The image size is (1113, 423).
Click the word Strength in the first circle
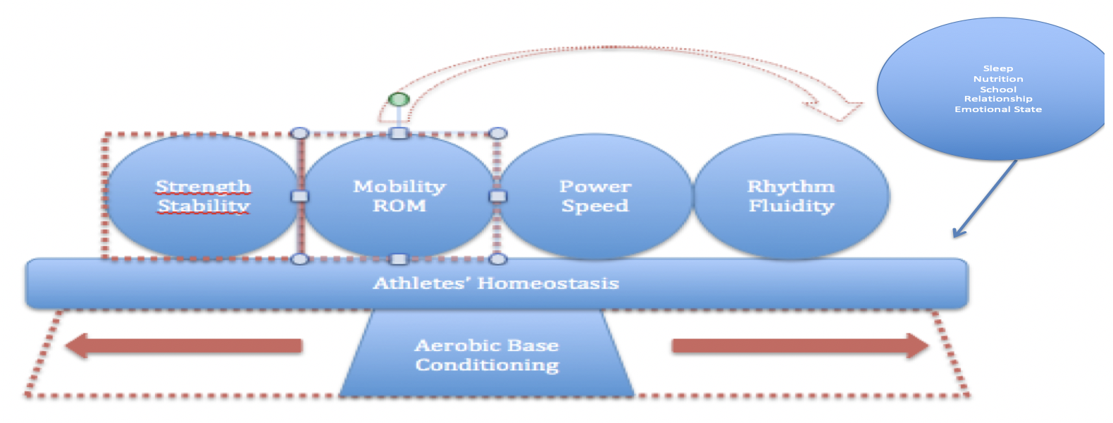(x=203, y=187)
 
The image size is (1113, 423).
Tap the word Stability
(x=204, y=206)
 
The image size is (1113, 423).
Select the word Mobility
(x=399, y=187)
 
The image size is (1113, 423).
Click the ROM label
(x=399, y=206)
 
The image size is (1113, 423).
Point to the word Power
(x=595, y=187)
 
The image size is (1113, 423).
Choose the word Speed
(x=595, y=206)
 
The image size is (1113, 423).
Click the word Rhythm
(x=791, y=187)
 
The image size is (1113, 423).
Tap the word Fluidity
(x=791, y=206)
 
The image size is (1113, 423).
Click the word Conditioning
(x=487, y=364)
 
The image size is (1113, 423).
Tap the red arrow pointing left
(x=183, y=346)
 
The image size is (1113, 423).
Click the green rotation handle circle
(x=399, y=100)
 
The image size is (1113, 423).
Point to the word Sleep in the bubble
(x=998, y=68)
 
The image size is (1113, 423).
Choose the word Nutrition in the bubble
(x=998, y=79)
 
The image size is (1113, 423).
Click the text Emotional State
(x=998, y=109)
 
